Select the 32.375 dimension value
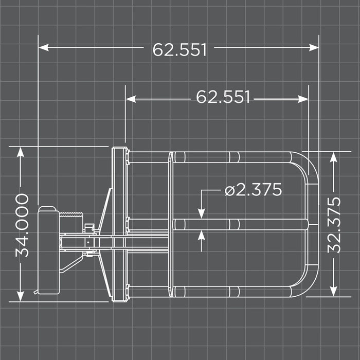coord(334,225)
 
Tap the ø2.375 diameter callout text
coord(254,190)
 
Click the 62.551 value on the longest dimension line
coord(179,50)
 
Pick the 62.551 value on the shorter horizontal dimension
coord(223,97)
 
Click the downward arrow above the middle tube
coord(201,213)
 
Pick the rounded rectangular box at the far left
coord(49,250)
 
